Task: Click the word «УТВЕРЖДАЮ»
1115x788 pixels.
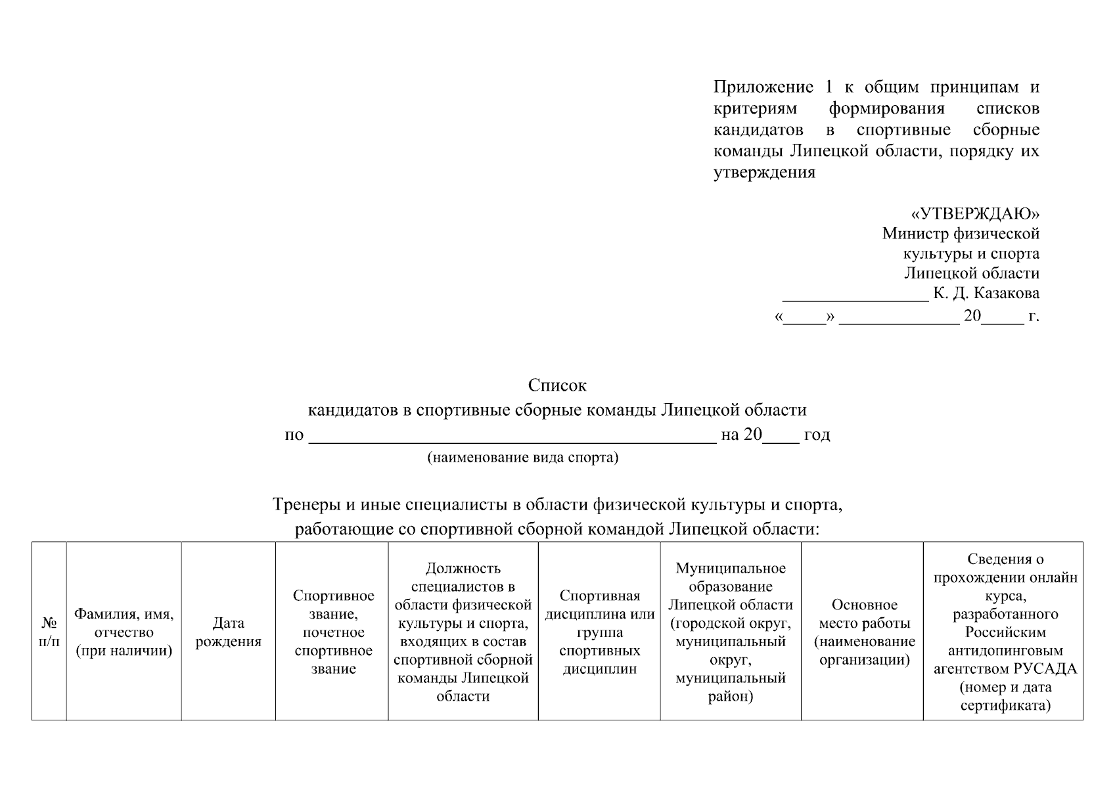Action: point(975,214)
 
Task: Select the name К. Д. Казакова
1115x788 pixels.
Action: point(986,293)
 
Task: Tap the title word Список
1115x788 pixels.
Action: point(557,385)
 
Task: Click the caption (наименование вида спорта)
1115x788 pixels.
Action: point(523,458)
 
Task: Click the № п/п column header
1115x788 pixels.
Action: point(49,632)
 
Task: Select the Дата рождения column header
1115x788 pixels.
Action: point(229,632)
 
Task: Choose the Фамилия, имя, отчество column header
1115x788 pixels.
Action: point(124,632)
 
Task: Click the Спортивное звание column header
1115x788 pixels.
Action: point(333,632)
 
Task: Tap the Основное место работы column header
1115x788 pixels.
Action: point(865,632)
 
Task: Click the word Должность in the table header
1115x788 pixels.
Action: point(463,568)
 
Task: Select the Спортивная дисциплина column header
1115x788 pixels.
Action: point(599,632)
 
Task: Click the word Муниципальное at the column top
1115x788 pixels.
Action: point(731,568)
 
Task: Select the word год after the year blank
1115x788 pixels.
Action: point(817,435)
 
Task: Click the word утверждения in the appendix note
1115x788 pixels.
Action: point(764,173)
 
